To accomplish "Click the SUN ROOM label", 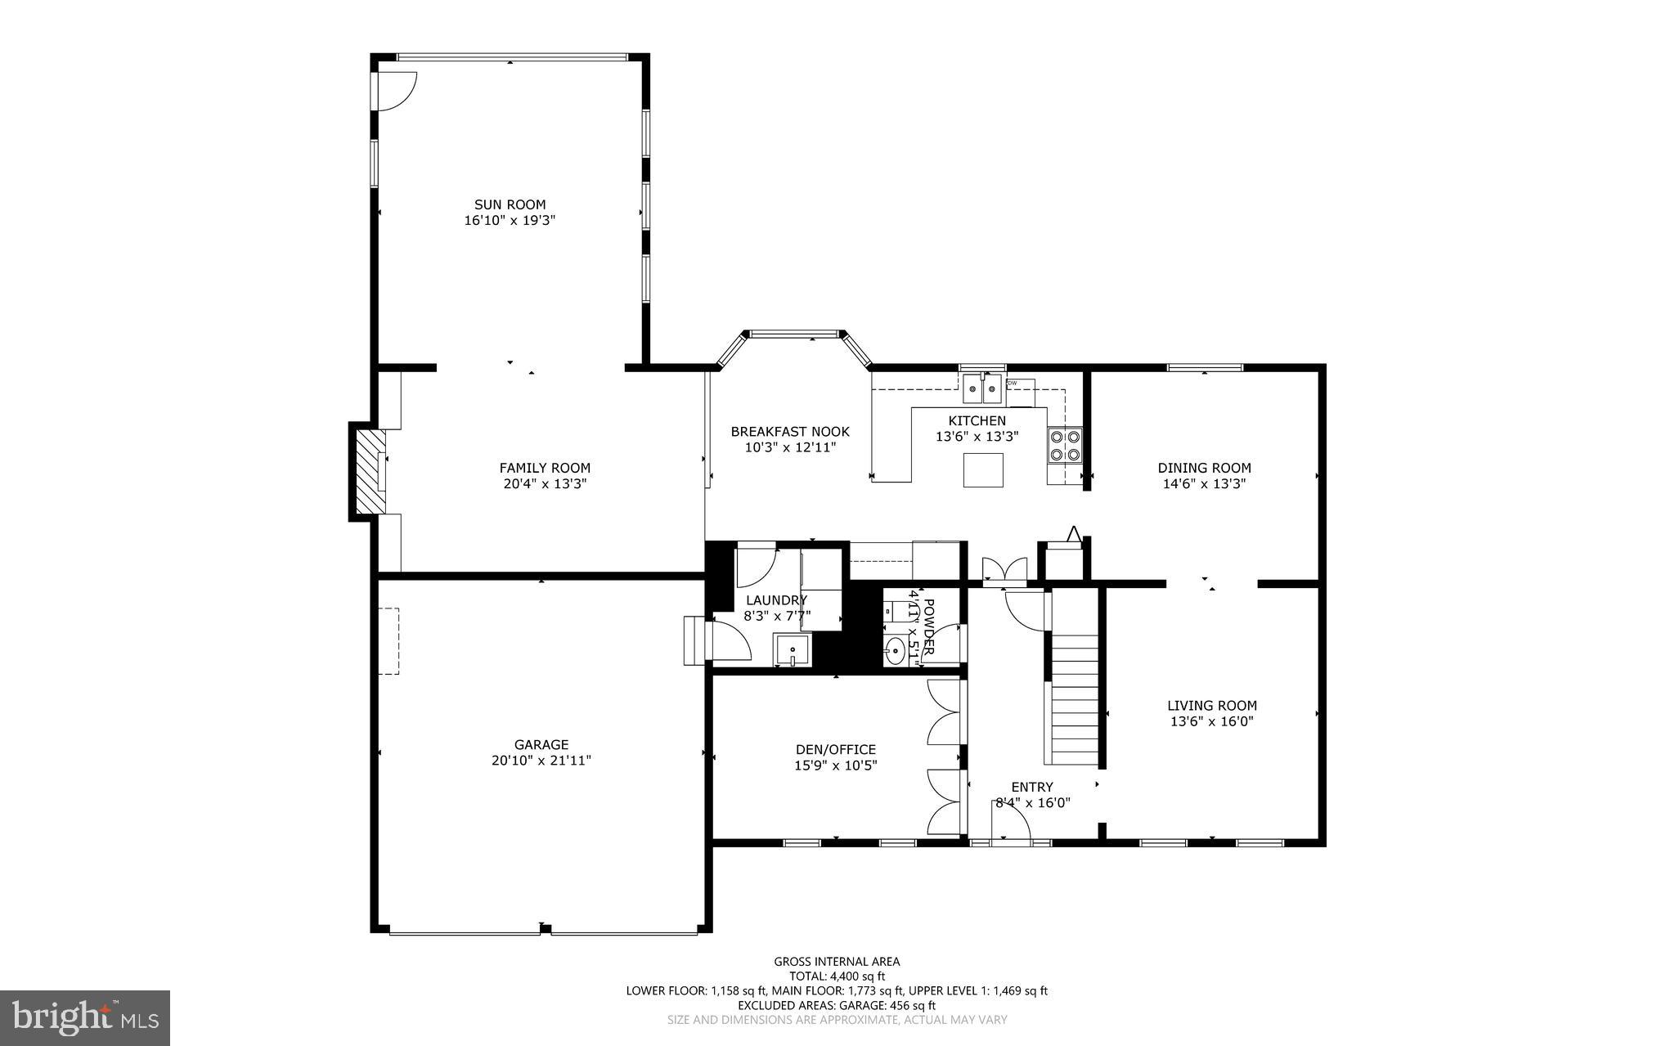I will (x=510, y=204).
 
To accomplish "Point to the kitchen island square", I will (x=983, y=469).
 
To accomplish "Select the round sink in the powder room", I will (x=896, y=652).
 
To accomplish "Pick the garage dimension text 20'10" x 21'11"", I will (x=541, y=761).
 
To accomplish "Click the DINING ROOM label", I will (x=1204, y=468).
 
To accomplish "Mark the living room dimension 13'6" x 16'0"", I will (x=1211, y=721).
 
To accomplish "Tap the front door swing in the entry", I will (x=1010, y=820).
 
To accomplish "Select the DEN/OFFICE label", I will (x=835, y=749).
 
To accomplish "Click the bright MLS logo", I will (x=85, y=1017).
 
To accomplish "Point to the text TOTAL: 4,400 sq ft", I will (x=837, y=976).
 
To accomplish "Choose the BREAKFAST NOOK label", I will (x=789, y=432).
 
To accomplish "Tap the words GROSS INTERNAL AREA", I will (x=837, y=962).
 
